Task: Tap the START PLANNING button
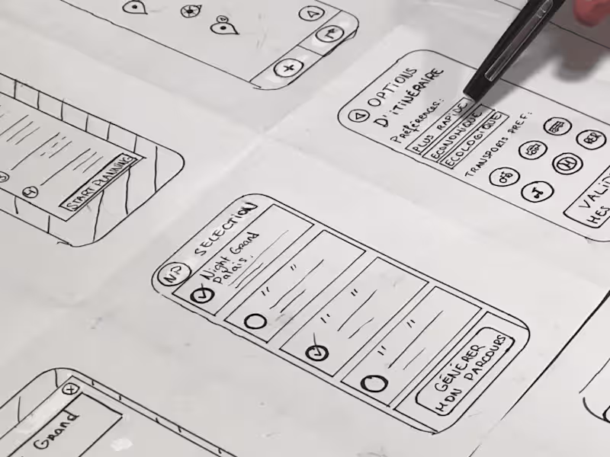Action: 100,184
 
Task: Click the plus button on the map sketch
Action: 288,69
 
